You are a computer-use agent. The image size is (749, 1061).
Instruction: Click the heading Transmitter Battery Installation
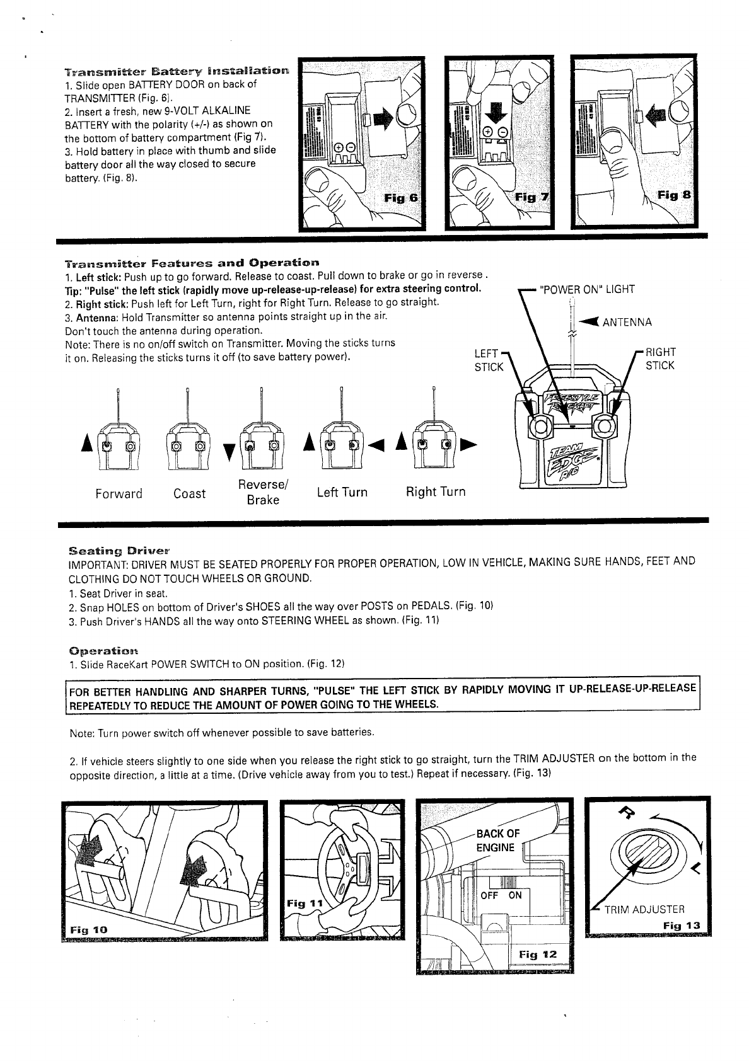click(x=178, y=69)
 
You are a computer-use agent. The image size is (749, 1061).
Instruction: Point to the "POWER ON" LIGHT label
click(x=588, y=290)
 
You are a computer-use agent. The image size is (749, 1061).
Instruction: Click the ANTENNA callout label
click(x=627, y=323)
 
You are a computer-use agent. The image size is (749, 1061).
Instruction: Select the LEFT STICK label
click(x=489, y=359)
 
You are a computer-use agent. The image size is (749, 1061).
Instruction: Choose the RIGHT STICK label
click(x=659, y=359)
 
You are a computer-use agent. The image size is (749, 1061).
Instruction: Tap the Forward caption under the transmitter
click(x=119, y=493)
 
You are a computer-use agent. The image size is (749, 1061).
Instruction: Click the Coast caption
click(x=189, y=493)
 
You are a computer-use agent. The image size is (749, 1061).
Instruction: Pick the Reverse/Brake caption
click(x=263, y=492)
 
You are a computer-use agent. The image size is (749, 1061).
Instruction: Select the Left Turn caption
click(x=342, y=492)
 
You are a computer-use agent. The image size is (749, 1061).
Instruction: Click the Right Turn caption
click(x=436, y=491)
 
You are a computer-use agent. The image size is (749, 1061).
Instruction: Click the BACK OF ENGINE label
click(x=497, y=840)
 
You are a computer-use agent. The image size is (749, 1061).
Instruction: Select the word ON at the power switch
click(x=515, y=895)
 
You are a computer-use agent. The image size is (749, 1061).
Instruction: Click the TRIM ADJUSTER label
click(x=644, y=909)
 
